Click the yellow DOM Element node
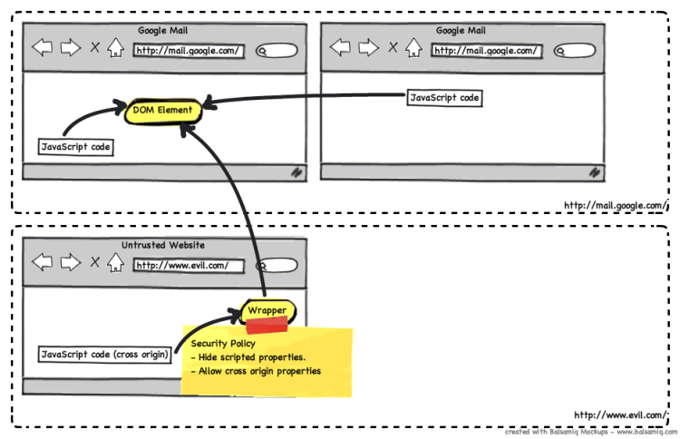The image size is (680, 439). click(x=162, y=110)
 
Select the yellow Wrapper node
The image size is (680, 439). click(x=267, y=311)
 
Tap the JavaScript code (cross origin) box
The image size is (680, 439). click(x=105, y=354)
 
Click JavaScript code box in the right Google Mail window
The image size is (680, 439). click(x=443, y=97)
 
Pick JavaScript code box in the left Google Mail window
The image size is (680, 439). click(x=76, y=146)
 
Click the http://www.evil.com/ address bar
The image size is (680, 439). click(x=189, y=266)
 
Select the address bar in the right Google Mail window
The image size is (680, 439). click(x=486, y=50)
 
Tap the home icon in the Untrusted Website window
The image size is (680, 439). click(x=116, y=264)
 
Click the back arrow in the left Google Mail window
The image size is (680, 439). click(x=43, y=48)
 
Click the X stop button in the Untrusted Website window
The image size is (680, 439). click(x=95, y=264)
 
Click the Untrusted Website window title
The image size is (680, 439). click(x=163, y=245)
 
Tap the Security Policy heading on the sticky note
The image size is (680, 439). click(x=223, y=345)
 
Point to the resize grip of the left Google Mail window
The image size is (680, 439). click(x=296, y=171)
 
